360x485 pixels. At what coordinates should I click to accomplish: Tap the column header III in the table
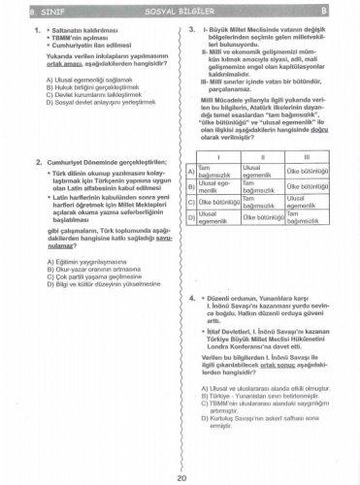pos(308,155)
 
